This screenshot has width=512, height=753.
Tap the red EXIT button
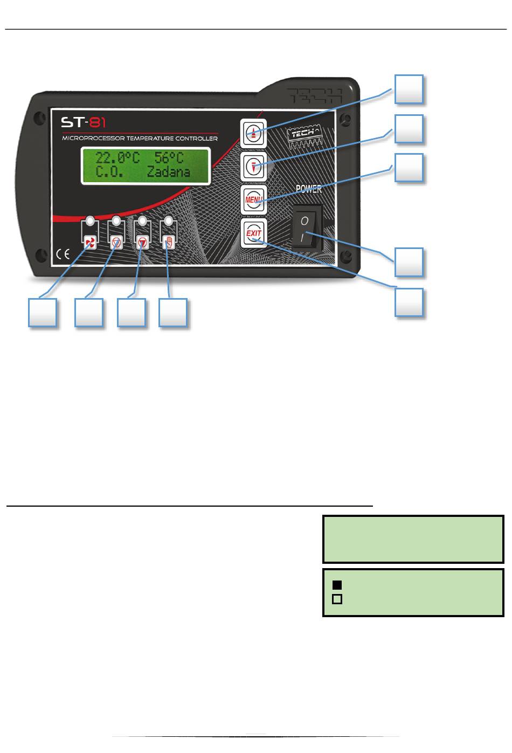click(x=253, y=234)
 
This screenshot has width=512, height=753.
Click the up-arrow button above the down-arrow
click(x=253, y=133)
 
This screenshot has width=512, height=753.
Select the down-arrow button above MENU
click(x=253, y=167)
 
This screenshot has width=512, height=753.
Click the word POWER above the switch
click(x=309, y=189)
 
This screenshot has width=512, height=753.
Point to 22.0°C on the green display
click(x=117, y=158)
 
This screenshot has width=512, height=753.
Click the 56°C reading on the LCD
click(x=169, y=158)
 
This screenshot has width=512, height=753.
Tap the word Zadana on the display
click(x=168, y=172)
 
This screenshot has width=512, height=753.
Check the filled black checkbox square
click(x=337, y=585)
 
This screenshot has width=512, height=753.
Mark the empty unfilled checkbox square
click(x=337, y=599)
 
